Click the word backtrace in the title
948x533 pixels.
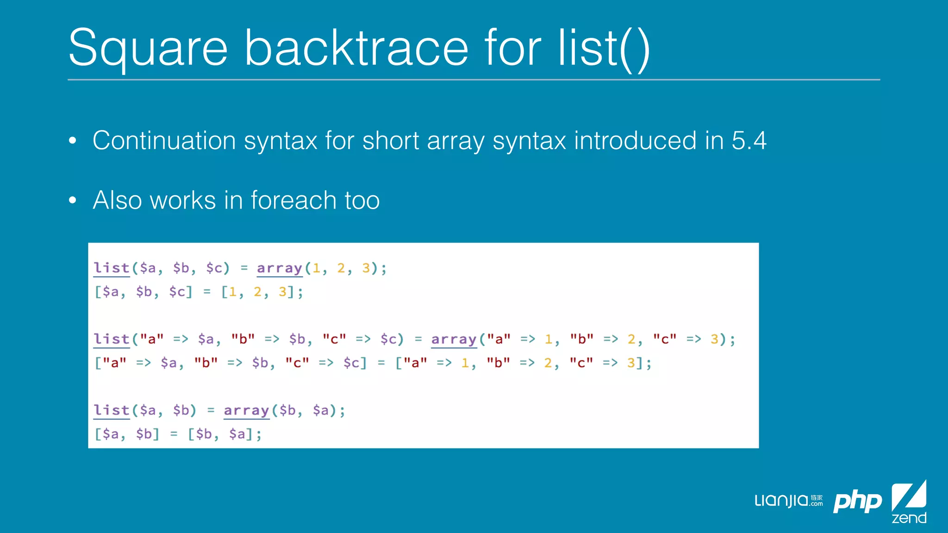[x=356, y=48]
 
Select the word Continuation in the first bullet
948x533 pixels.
[x=164, y=141]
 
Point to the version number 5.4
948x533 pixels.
[x=749, y=141]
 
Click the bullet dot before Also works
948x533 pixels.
[x=72, y=200]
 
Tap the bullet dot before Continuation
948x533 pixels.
[x=72, y=141]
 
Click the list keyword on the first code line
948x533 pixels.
[x=112, y=268]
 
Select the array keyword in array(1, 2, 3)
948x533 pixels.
[x=280, y=268]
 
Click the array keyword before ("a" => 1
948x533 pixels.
[x=454, y=339]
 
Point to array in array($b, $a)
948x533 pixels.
[x=246, y=410]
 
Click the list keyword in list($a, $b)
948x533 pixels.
[x=112, y=410]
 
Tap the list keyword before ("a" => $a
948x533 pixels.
[x=112, y=339]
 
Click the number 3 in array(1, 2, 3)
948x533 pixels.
[x=366, y=268]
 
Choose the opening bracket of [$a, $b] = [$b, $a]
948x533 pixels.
[x=98, y=434]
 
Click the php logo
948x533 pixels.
[x=857, y=502]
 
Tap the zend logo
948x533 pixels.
[x=909, y=502]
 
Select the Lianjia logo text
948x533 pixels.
[x=782, y=501]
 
